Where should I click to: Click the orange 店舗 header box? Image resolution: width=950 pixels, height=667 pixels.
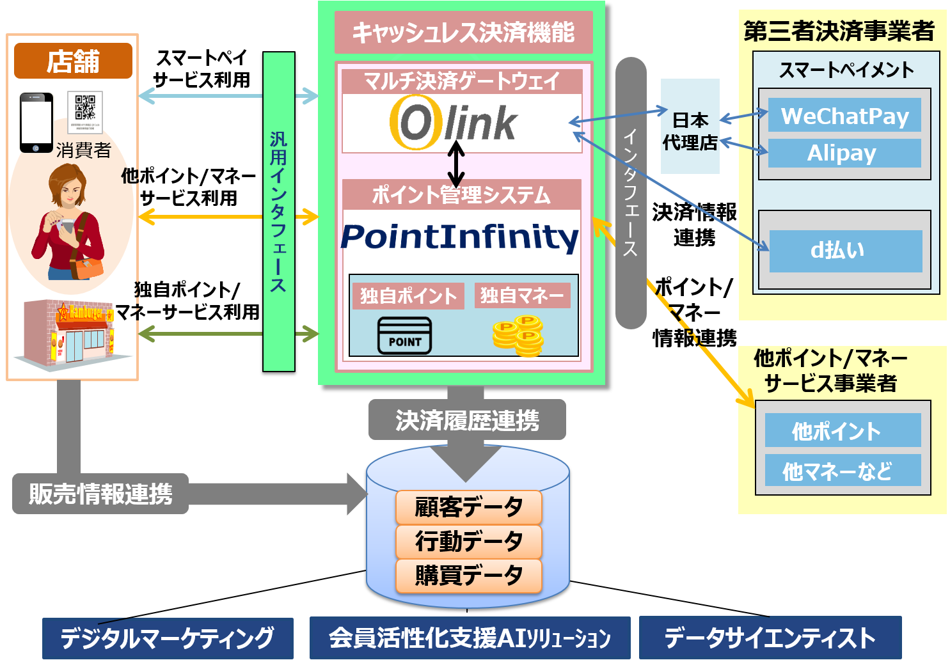[x=73, y=61]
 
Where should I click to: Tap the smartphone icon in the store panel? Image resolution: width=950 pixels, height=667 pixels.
[x=36, y=123]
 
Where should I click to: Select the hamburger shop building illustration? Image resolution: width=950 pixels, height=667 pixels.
[x=69, y=333]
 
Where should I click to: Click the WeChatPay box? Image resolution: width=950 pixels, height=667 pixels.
[x=844, y=116]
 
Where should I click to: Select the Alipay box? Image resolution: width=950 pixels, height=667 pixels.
[x=844, y=153]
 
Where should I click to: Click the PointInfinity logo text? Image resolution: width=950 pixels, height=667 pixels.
[x=460, y=237]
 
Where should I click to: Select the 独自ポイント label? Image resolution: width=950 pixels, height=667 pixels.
[x=408, y=296]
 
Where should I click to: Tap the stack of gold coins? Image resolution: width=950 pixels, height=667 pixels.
[x=518, y=336]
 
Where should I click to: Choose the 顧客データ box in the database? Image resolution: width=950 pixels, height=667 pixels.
[x=468, y=507]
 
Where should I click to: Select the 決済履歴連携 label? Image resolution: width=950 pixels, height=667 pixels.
[x=467, y=420]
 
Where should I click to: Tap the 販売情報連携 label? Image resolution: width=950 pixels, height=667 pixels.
[x=100, y=494]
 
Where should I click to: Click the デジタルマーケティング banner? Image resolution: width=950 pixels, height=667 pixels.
[x=168, y=638]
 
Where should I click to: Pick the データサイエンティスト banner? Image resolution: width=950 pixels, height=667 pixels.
[x=770, y=638]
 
